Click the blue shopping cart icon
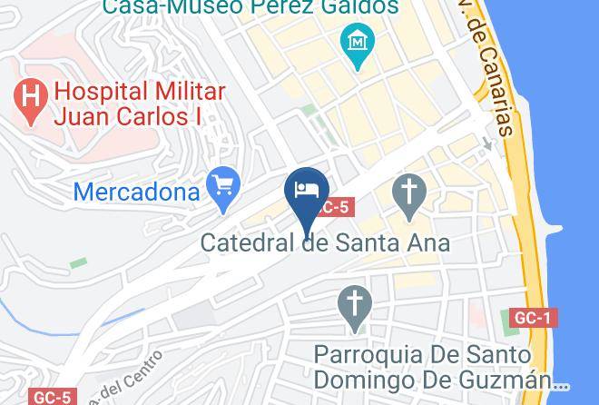point(221,186)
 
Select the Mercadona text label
point(136,193)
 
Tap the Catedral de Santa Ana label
point(325,243)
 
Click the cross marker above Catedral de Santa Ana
point(408,194)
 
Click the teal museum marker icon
point(358,43)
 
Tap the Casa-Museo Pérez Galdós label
point(250,7)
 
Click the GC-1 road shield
point(533,318)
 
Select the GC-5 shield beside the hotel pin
point(333,207)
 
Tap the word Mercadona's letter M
point(83,193)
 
